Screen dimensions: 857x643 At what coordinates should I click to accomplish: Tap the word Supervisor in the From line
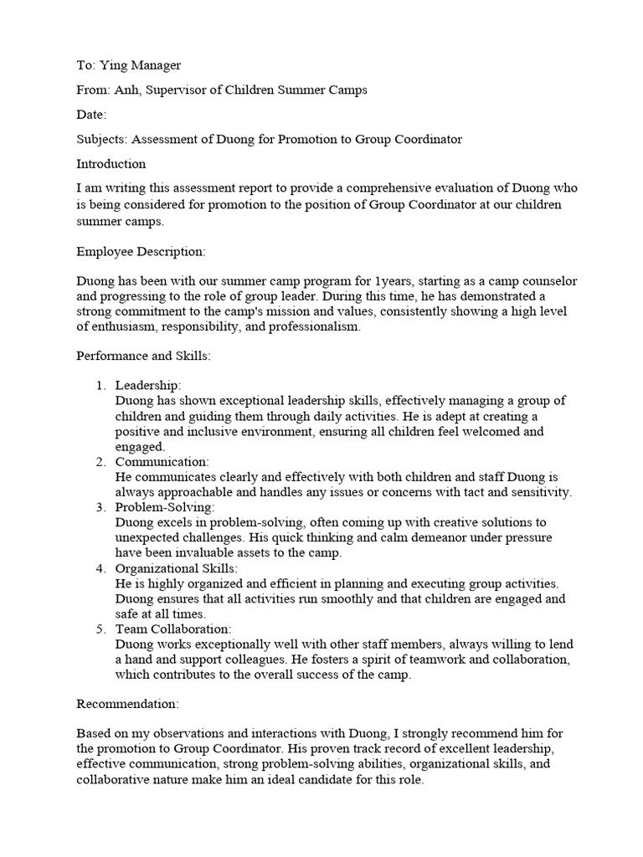pyautogui.click(x=177, y=90)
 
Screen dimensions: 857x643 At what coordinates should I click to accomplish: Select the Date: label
pyautogui.click(x=91, y=114)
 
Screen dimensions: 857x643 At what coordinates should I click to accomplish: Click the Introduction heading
pyautogui.click(x=111, y=163)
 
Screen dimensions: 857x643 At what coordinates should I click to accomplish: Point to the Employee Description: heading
pyautogui.click(x=141, y=251)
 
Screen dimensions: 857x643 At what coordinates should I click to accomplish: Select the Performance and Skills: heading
pyautogui.click(x=144, y=356)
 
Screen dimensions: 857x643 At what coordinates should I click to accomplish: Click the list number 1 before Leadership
pyautogui.click(x=99, y=386)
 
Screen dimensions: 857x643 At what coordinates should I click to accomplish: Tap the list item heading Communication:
pyautogui.click(x=162, y=462)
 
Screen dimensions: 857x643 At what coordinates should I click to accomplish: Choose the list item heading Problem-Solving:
pyautogui.click(x=165, y=507)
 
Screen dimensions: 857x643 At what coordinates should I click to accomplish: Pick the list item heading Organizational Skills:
pyautogui.click(x=177, y=568)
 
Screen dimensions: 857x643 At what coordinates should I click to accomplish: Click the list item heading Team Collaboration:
pyautogui.click(x=173, y=629)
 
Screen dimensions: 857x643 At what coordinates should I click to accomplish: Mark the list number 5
pyautogui.click(x=99, y=629)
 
